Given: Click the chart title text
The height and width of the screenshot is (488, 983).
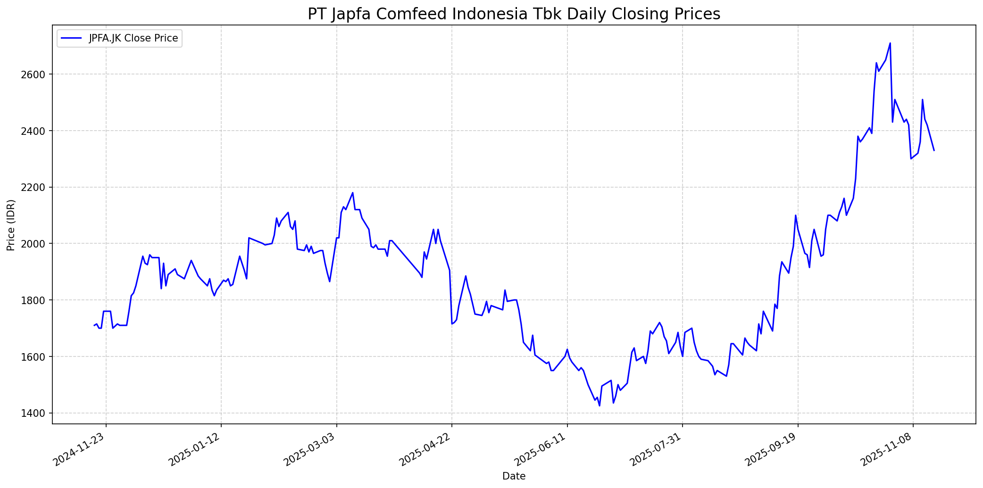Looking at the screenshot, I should point(514,14).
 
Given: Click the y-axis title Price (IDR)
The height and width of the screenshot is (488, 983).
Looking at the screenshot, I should point(11,225).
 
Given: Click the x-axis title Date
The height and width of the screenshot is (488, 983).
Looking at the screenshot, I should point(514,477).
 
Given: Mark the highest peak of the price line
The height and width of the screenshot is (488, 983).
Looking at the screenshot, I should point(890,43).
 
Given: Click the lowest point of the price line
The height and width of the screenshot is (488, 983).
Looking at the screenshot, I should point(600,406).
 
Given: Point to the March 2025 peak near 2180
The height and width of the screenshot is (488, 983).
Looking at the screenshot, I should point(353,192).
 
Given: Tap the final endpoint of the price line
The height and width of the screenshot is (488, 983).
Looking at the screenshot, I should point(934,150).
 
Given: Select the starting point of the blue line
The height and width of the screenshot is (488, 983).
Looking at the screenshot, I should point(94,325).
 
